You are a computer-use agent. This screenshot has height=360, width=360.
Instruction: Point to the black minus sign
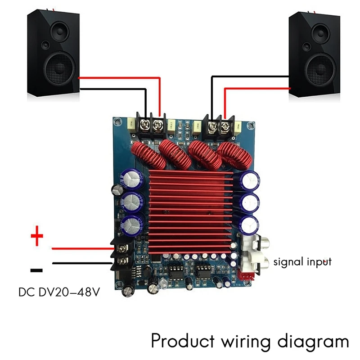36,270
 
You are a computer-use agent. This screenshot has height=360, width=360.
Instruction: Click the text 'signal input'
302,261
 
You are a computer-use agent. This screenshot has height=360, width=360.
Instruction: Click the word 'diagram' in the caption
310,341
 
